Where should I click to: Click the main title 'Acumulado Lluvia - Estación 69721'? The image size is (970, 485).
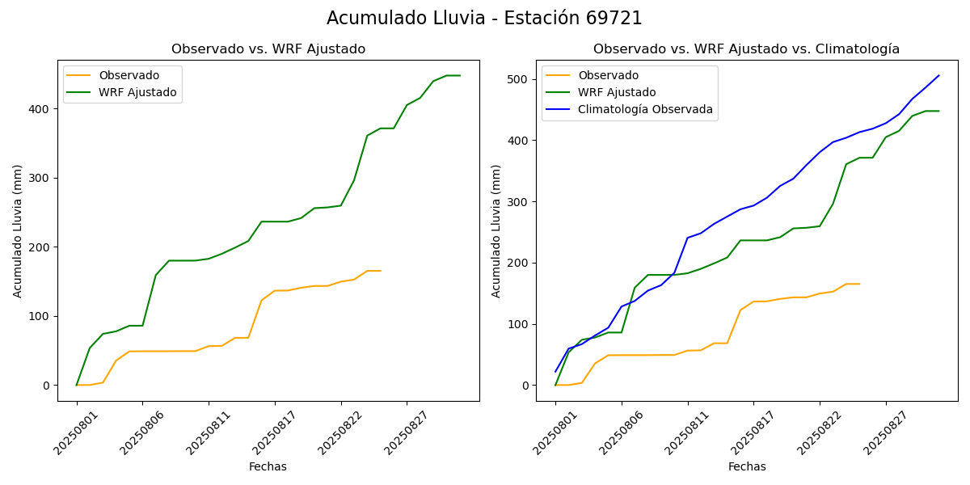coord(484,19)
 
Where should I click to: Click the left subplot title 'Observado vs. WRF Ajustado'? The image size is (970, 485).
coord(268,49)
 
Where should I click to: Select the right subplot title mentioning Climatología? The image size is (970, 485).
coord(746,49)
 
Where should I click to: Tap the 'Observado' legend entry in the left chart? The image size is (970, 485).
coord(129,76)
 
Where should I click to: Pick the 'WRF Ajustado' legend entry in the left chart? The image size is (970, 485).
coord(137,92)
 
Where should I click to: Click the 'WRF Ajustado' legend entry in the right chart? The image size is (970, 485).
coord(617,92)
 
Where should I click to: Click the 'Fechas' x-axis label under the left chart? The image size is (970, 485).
coord(268,466)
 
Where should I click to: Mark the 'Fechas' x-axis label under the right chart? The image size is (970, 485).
coord(747,466)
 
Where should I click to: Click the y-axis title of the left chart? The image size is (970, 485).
coord(18,230)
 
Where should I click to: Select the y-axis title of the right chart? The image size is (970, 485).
coord(496,230)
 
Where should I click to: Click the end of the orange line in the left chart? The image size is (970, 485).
coord(381,271)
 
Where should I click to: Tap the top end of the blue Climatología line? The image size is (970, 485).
coord(938,76)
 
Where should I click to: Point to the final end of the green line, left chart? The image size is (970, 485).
coord(460,75)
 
